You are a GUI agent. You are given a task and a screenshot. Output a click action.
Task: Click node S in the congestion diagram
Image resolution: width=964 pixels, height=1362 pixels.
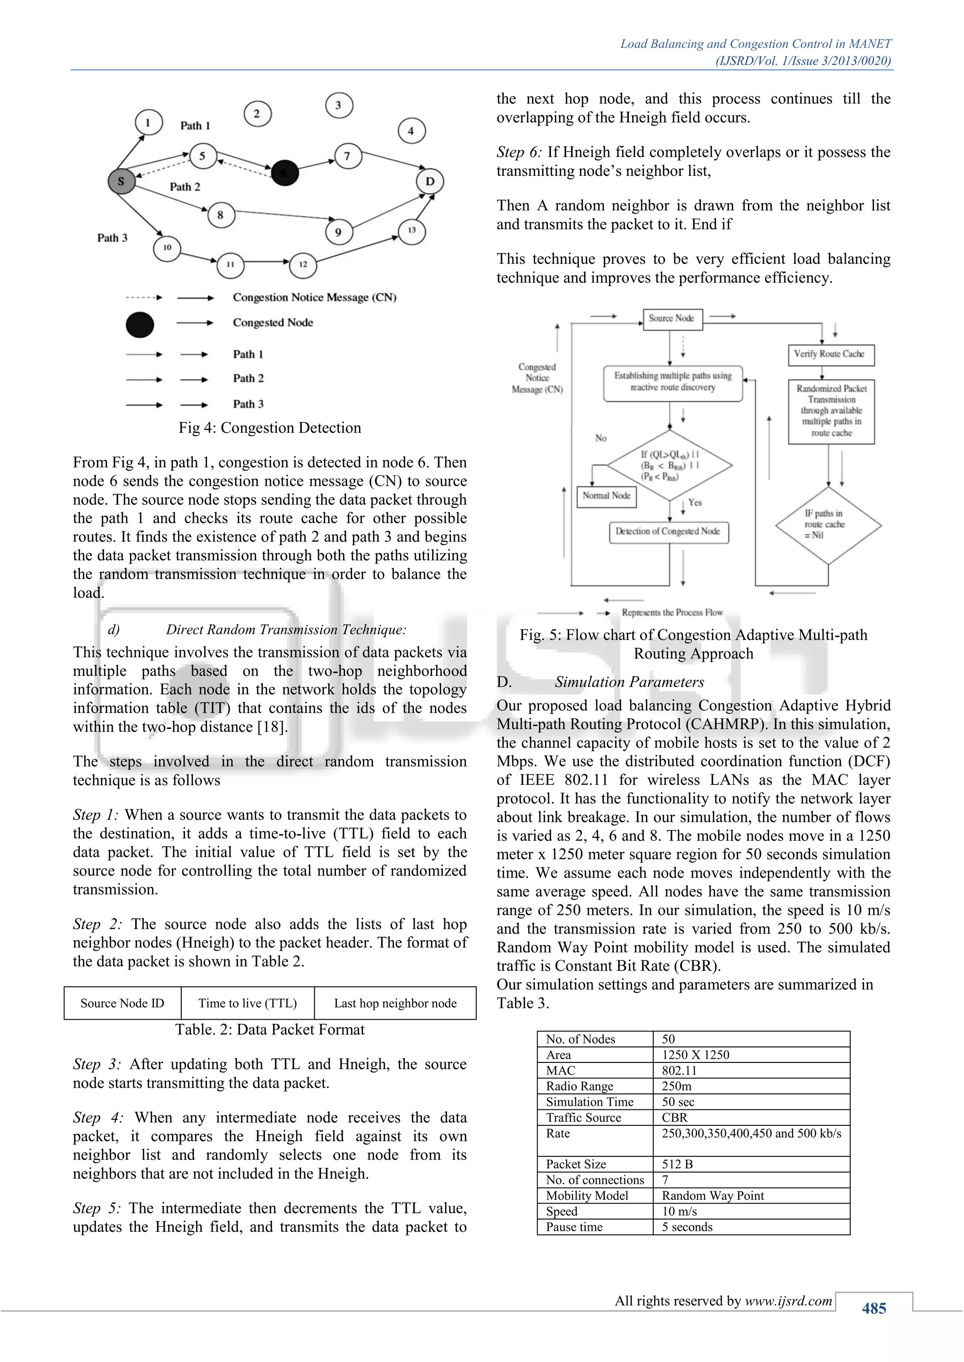121,182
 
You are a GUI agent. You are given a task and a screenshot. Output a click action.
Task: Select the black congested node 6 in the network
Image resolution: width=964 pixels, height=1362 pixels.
284,173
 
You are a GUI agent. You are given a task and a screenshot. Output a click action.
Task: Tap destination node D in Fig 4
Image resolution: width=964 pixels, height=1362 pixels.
430,182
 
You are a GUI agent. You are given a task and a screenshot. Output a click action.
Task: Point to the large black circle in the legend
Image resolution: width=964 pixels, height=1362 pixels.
140,325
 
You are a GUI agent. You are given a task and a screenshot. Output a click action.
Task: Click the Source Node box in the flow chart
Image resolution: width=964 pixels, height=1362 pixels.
672,318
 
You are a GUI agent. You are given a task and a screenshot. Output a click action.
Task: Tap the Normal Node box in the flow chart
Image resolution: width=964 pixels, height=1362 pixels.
606,496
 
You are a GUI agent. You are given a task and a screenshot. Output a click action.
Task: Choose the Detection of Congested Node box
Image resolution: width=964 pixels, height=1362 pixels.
668,531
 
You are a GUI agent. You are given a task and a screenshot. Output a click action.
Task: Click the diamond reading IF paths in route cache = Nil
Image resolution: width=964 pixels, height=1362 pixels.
827,524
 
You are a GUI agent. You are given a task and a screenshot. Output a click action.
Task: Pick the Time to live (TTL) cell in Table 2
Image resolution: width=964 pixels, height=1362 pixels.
248,1003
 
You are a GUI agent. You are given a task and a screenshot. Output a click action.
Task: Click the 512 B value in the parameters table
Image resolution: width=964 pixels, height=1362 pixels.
677,1164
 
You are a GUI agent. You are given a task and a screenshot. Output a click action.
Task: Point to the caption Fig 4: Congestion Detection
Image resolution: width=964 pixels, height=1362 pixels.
270,428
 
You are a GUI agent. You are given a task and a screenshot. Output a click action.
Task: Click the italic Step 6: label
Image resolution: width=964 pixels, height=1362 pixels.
519,152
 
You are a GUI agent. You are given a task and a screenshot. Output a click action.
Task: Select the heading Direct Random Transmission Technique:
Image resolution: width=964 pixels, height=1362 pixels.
286,629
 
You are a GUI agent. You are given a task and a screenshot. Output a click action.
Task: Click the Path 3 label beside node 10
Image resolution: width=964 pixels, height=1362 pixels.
112,238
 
